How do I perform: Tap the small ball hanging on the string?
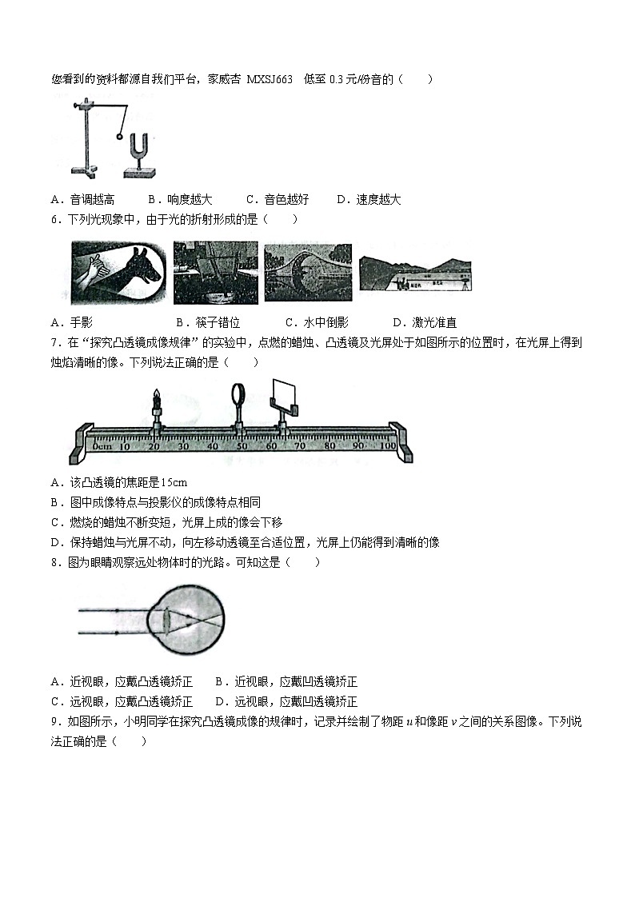coord(119,137)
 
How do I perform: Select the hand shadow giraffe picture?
coord(119,273)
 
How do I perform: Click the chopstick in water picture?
coord(216,273)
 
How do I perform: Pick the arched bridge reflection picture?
coord(307,273)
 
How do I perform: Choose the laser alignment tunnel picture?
coord(414,274)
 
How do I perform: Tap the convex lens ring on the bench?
coord(239,396)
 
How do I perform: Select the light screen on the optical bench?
coord(283,395)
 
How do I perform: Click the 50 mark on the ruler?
coord(242,445)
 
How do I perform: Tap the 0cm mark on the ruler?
coord(101,445)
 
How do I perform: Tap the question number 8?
coord(54,562)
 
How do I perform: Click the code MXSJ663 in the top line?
coord(270,79)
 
